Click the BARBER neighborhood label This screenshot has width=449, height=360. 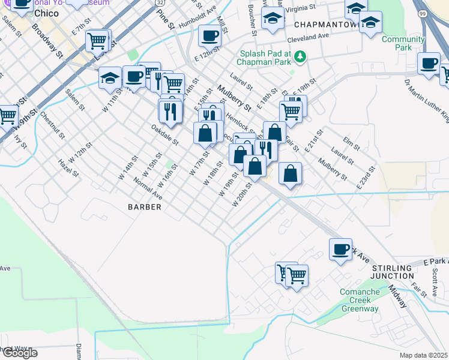tap(144, 207)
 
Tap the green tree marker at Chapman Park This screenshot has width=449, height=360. tap(300, 57)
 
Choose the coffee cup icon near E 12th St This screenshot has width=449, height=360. tap(209, 35)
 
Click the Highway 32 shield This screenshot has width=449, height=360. tap(159, 3)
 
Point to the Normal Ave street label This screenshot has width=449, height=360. tap(148, 187)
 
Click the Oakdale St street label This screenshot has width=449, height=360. tap(164, 134)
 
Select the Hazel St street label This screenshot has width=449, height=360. tap(68, 170)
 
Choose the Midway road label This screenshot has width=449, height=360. tap(397, 296)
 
